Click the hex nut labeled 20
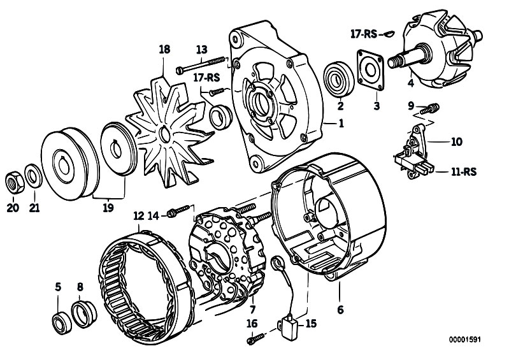coord(15,182)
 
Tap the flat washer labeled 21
coord(33,176)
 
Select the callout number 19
coord(108,208)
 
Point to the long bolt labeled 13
coord(201,64)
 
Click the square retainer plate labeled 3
coord(370,69)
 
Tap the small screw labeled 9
coord(429,109)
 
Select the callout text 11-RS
coord(464,171)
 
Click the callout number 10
coord(456,142)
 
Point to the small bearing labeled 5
coord(62,323)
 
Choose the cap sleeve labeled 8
coord(84,315)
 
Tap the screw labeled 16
coord(256,339)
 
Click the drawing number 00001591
coord(464,340)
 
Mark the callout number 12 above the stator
coord(139,216)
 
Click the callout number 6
coord(340,310)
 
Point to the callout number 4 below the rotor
coord(411,83)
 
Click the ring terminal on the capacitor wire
coord(277,263)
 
